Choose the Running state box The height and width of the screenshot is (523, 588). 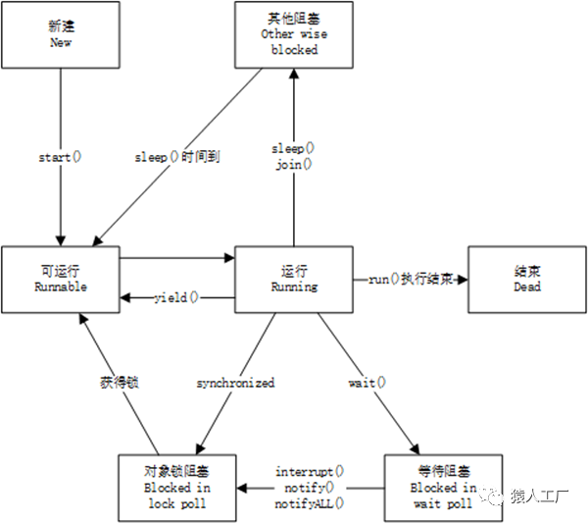click(294, 279)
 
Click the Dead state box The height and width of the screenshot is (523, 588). click(526, 279)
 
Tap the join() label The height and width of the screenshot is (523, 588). click(293, 165)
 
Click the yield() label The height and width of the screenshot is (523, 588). click(176, 296)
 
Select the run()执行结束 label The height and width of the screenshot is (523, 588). click(410, 279)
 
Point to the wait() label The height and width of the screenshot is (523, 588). click(367, 383)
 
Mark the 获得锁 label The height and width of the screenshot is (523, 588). click(120, 382)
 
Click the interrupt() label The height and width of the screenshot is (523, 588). click(310, 471)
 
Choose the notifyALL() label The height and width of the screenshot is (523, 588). click(310, 502)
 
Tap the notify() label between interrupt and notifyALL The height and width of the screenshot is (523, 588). click(310, 487)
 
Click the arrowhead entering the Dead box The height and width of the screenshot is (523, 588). click(463, 279)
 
